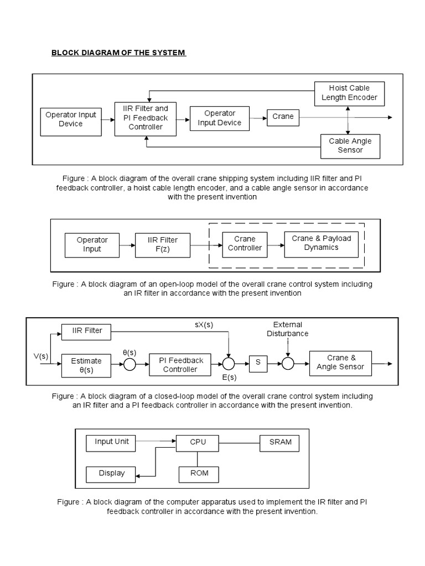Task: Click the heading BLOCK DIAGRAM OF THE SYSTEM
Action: (x=118, y=53)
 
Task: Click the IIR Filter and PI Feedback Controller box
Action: (x=146, y=118)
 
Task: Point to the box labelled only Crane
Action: (x=283, y=117)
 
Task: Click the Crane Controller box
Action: (x=245, y=244)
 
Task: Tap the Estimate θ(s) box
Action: (x=86, y=365)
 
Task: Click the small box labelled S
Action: (x=257, y=364)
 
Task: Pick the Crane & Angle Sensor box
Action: (x=340, y=363)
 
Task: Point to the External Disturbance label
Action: (x=287, y=329)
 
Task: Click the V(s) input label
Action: (x=40, y=357)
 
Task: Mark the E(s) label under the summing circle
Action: (x=229, y=378)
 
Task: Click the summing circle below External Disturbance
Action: (x=288, y=364)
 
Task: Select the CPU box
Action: (x=198, y=442)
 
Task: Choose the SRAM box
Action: (x=279, y=442)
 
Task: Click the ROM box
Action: (x=198, y=474)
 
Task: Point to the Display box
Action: (x=112, y=474)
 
